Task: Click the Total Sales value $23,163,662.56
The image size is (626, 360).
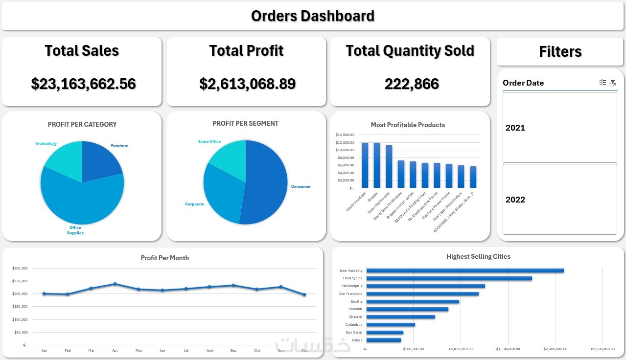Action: coord(83,84)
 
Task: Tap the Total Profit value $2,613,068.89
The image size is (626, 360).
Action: coord(247,84)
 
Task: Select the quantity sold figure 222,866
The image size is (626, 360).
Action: coord(411,84)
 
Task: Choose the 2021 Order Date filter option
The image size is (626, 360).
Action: coord(559,128)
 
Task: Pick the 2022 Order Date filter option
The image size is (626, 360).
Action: coord(559,200)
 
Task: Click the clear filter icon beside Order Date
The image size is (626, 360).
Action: coord(613,83)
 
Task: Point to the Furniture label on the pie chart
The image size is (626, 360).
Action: coord(119,146)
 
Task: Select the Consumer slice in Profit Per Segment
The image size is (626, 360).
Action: coord(267,186)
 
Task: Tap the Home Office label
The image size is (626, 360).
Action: coord(209,141)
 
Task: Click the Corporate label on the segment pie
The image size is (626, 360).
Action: coord(194,204)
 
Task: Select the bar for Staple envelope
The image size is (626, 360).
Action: coord(365,165)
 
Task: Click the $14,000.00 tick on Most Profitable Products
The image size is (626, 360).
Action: coord(345,135)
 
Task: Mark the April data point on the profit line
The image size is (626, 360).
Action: coord(115,284)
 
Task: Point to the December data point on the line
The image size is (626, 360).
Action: coord(304,294)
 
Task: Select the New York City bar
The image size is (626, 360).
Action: coord(465,270)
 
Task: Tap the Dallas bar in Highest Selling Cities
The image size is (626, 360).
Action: coord(383,340)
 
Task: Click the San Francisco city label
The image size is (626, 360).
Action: coord(351,294)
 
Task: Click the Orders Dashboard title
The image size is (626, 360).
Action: coord(312,16)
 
